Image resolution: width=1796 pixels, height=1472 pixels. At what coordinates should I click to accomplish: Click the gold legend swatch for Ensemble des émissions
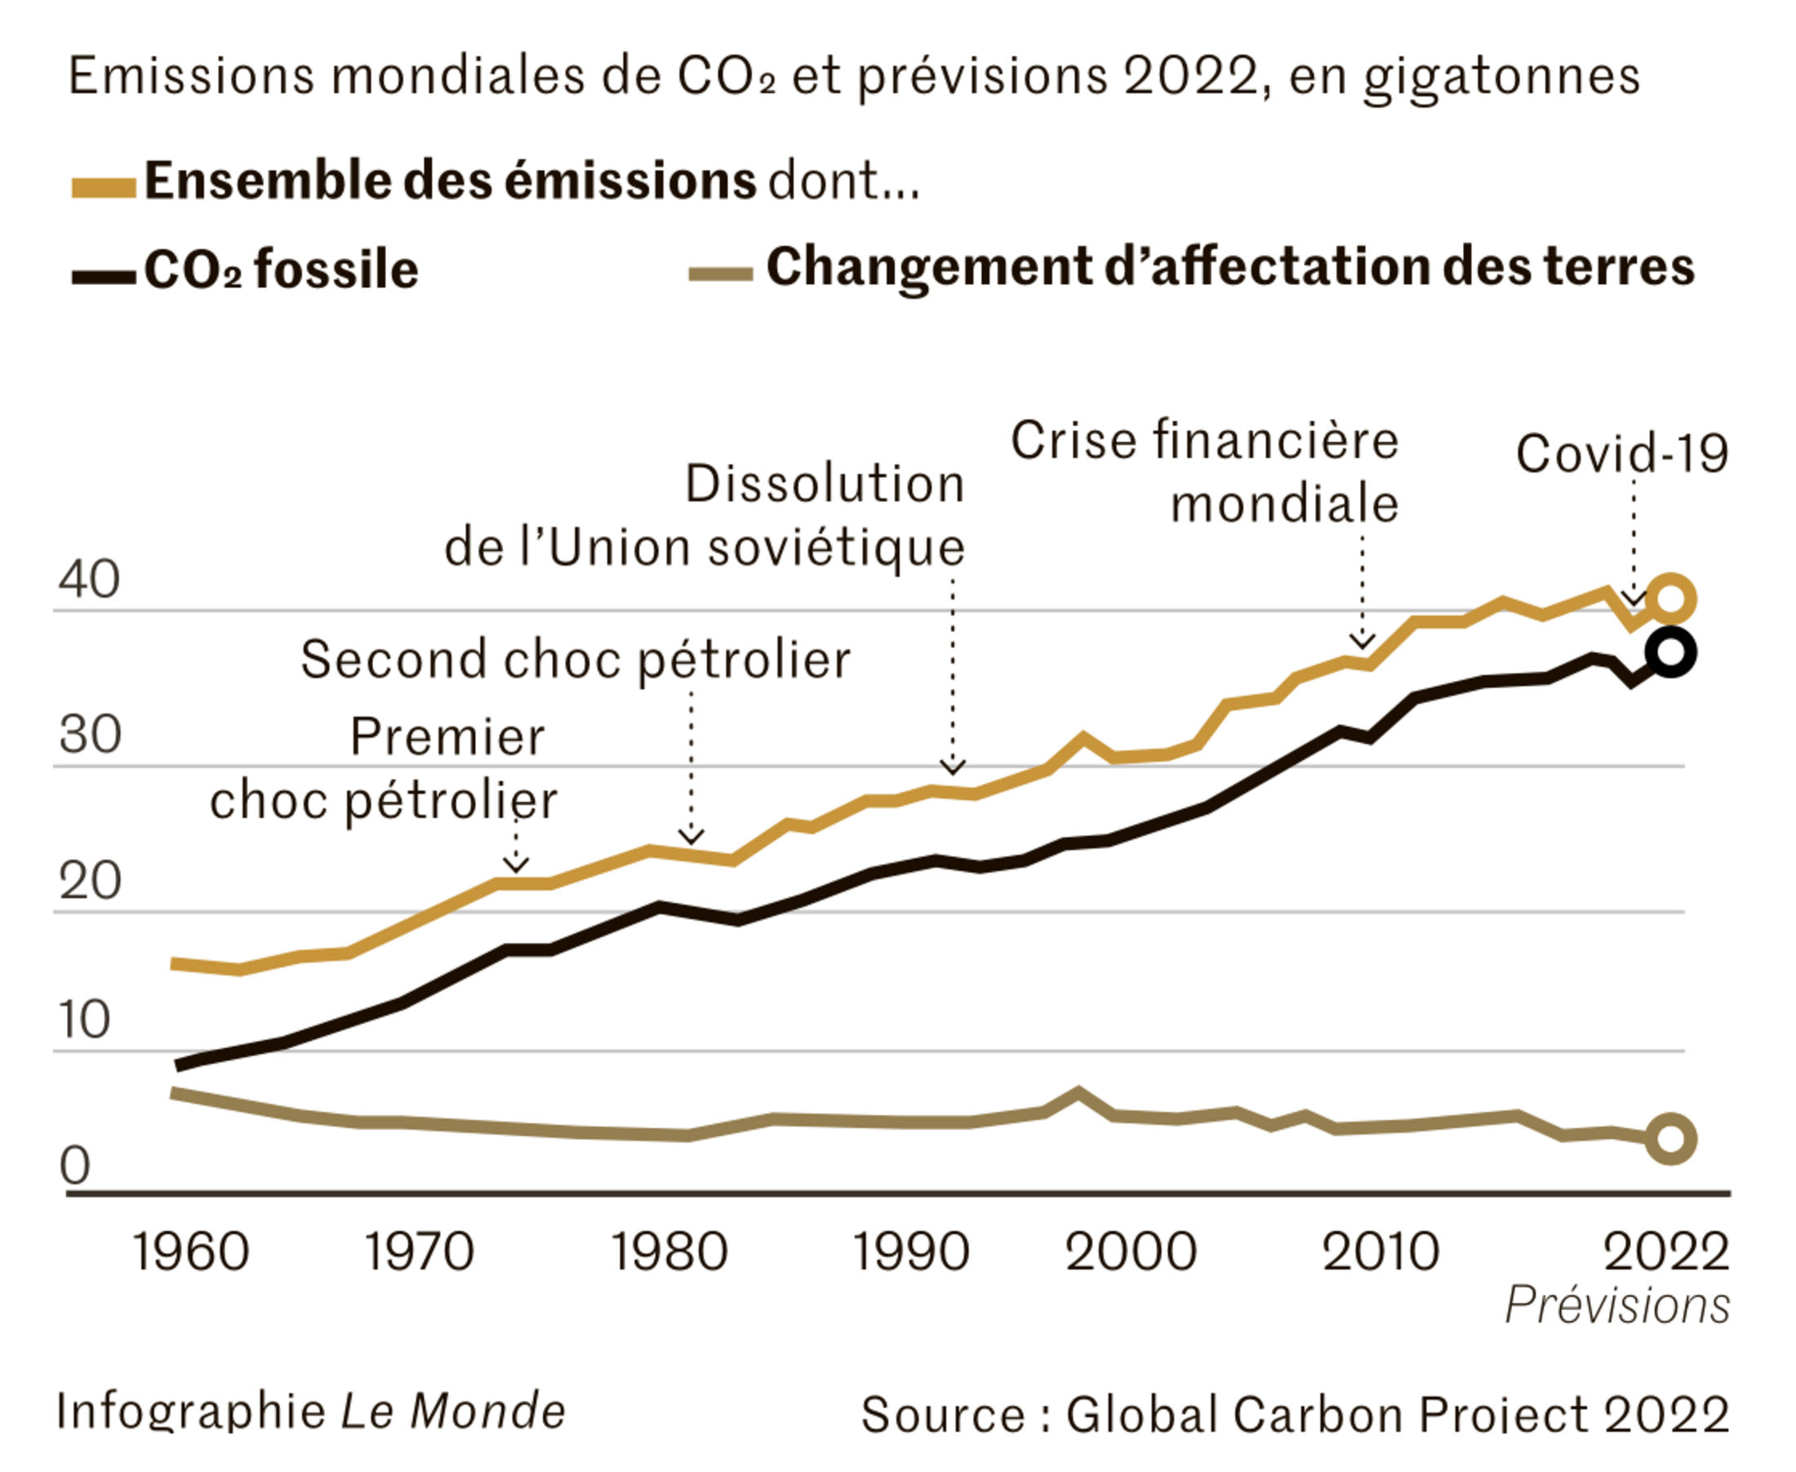[104, 188]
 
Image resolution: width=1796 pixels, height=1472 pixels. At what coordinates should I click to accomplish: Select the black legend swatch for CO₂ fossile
[104, 277]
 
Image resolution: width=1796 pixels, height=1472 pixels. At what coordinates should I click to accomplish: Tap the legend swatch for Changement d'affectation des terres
[720, 273]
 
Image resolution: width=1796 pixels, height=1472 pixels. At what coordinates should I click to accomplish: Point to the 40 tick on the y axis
[89, 580]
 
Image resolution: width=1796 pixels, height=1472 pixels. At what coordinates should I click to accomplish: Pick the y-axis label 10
[85, 1019]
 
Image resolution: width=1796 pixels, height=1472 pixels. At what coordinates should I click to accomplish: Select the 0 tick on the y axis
[74, 1166]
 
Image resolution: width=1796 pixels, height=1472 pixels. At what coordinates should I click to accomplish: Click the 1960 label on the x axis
[191, 1252]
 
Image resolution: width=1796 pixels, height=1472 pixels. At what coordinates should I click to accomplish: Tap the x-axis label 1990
[910, 1252]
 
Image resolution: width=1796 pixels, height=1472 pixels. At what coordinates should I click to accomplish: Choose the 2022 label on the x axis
[1665, 1252]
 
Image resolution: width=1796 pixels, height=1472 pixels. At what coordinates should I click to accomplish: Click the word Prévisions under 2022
[1617, 1305]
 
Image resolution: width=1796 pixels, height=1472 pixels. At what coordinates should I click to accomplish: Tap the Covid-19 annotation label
[1621, 454]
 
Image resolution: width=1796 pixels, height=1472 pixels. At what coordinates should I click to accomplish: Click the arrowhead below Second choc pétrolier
[691, 838]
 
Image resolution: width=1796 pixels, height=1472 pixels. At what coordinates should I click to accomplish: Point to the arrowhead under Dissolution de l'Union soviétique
[954, 767]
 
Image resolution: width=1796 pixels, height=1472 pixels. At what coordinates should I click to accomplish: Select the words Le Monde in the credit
[453, 1412]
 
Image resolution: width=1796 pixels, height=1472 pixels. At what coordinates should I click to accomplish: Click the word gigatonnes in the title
[1502, 76]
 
